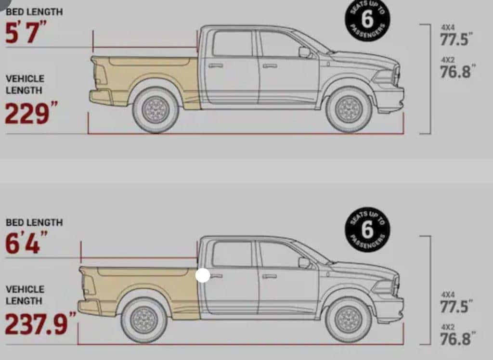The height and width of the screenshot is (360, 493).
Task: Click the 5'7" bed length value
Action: click(26, 33)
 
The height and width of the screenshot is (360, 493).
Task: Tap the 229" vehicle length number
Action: click(31, 113)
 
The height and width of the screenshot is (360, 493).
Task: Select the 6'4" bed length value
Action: click(26, 243)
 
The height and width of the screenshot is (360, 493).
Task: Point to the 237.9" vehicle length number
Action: click(40, 323)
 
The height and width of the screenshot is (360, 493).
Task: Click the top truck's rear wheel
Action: click(156, 110)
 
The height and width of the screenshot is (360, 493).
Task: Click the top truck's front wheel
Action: click(349, 110)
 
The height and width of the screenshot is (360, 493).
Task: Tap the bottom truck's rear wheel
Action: click(143, 321)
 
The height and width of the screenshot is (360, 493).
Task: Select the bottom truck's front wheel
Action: click(349, 321)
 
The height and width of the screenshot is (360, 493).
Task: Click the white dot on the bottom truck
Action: click(203, 275)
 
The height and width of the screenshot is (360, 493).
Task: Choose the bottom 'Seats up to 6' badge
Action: click(367, 230)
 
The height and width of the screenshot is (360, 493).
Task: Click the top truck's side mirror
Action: click(305, 52)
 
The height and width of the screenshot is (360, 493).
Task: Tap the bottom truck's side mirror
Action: click(304, 262)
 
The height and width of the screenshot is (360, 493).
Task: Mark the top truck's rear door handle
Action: click(216, 65)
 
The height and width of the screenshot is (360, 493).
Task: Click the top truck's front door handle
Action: click(270, 66)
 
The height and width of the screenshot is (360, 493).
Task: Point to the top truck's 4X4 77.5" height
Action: click(456, 35)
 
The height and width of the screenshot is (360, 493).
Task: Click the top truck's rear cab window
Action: click(233, 43)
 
